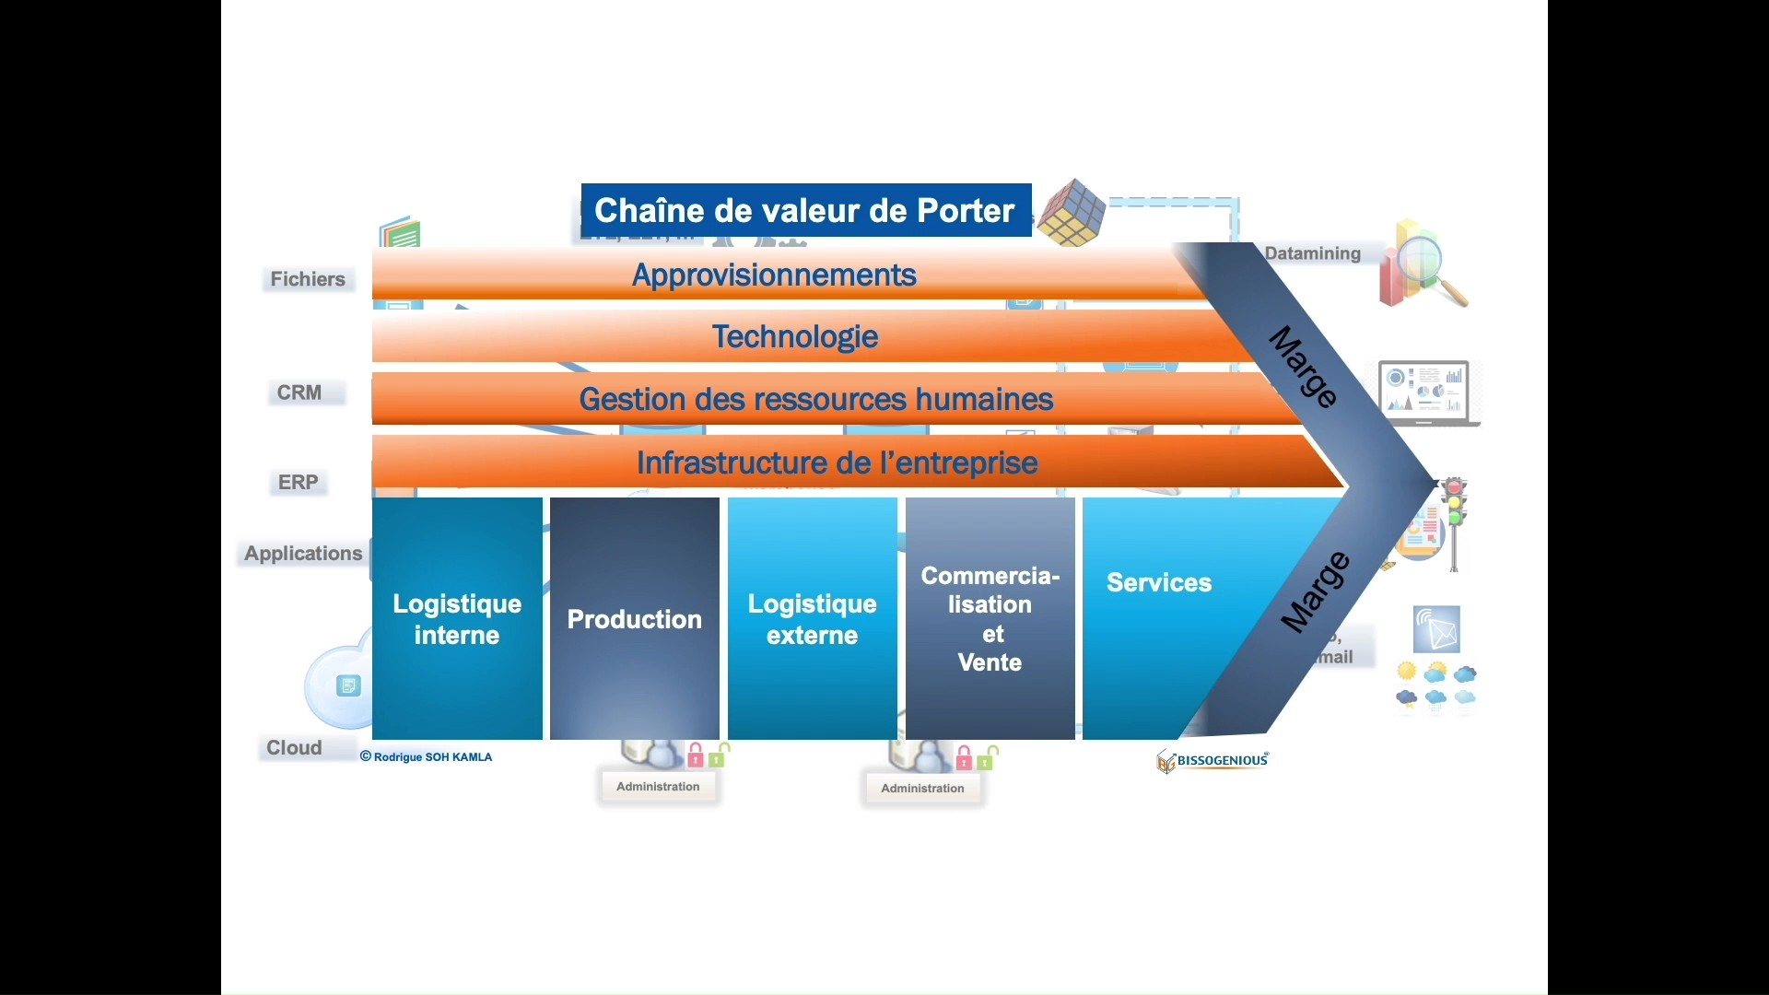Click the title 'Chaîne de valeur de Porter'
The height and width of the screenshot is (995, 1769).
coord(805,211)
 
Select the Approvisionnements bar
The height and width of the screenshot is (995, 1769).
coord(774,275)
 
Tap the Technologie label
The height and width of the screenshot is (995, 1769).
coord(795,337)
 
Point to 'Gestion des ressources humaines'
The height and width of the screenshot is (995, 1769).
coord(815,400)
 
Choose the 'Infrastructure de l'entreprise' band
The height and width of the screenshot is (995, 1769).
coord(837,462)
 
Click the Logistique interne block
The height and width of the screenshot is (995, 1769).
coord(457,619)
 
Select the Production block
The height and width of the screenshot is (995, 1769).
coord(635,619)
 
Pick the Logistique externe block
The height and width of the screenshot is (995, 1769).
coord(812,619)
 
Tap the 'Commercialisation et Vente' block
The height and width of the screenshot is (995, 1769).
coord(990,619)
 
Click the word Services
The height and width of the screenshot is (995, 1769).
coord(1159,583)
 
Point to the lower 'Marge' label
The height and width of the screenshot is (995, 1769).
coord(1316,592)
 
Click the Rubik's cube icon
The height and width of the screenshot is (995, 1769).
coord(1072,213)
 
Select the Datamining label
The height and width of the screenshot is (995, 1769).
coord(1312,254)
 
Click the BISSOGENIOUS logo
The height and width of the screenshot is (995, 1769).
coord(1213,761)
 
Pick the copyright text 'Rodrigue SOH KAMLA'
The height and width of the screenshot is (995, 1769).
coord(427,757)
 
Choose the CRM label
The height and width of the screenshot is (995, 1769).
coord(299,392)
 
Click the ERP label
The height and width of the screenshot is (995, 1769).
coord(299,483)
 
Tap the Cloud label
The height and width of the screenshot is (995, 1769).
coord(295,748)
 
